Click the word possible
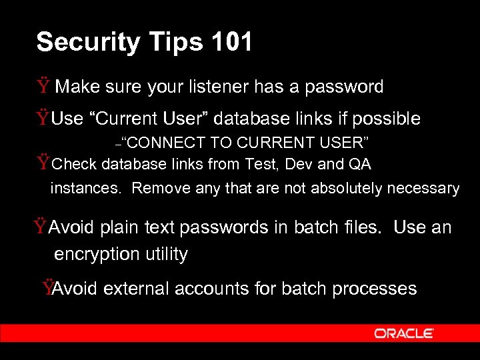click(386, 119)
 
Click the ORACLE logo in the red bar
click(404, 333)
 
